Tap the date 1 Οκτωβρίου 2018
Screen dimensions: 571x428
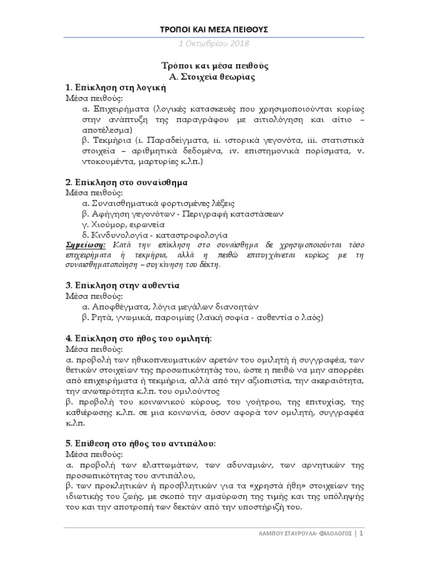(214, 43)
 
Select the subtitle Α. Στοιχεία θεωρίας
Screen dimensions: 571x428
(214, 77)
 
